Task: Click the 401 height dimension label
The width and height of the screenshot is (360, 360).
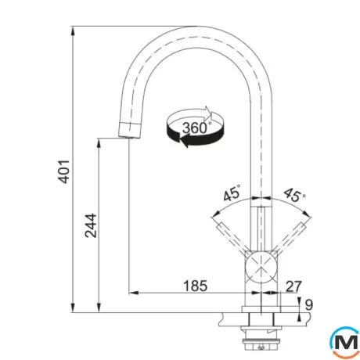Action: [64, 171]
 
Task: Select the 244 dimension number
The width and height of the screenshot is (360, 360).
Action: [91, 225]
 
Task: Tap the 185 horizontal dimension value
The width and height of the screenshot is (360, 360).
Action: [196, 286]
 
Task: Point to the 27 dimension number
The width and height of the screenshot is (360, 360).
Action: [293, 286]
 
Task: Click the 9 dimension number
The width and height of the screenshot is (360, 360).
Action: [309, 304]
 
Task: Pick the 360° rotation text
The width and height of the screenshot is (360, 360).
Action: [196, 128]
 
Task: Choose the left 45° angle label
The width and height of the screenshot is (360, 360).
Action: [232, 193]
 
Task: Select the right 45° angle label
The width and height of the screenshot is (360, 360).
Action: [294, 194]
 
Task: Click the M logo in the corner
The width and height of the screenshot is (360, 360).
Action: [345, 343]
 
